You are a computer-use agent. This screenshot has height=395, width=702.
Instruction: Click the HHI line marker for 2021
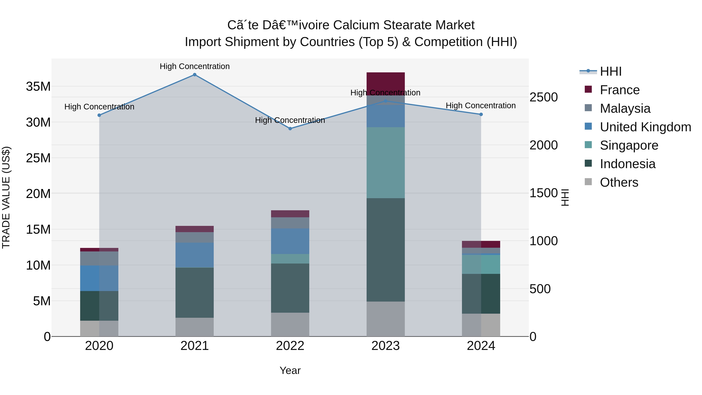pos(195,75)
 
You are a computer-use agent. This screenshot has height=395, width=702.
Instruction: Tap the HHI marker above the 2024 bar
pos(481,115)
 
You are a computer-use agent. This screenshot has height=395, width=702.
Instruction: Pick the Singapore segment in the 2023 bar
pos(385,162)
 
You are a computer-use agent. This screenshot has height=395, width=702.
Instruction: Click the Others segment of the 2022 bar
pos(290,324)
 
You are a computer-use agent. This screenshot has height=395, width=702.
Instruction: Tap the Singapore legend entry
pos(628,145)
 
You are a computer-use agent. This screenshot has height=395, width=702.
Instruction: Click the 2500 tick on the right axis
pos(543,97)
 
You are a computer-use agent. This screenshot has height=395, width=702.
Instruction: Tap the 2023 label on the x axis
pos(385,346)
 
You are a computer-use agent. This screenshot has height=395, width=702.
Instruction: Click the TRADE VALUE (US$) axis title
pos(6,197)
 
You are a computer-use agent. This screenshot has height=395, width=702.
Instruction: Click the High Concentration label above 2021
pos(195,66)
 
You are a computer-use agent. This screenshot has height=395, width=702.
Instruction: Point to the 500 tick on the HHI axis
pos(540,289)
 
